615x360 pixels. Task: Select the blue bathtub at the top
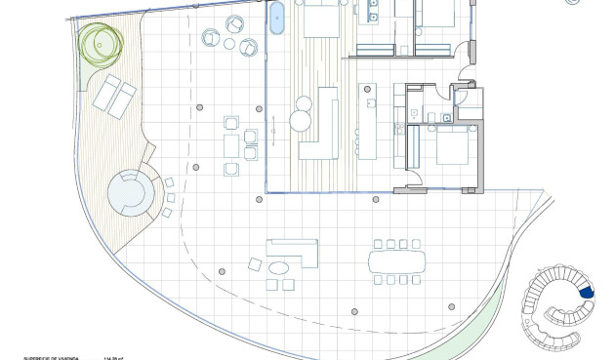click(276, 18)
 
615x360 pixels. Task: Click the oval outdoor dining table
click(397, 261)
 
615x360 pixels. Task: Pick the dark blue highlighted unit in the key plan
click(587, 290)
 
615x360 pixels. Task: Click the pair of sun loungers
click(114, 96)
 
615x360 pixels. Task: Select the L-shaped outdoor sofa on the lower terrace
click(293, 250)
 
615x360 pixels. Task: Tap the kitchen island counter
click(369, 122)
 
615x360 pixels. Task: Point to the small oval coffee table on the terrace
click(279, 267)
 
